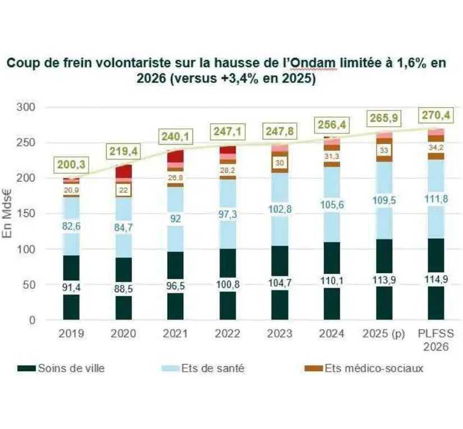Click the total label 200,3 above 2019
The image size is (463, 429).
[x=71, y=164]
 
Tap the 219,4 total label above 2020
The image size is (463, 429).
[x=123, y=151]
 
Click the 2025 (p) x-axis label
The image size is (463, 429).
[x=383, y=334]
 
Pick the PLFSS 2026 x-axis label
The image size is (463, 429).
[x=436, y=340]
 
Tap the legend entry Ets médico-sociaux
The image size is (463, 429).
[x=374, y=368]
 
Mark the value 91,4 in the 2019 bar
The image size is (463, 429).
[x=71, y=288]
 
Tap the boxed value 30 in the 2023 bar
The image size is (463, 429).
[x=279, y=162]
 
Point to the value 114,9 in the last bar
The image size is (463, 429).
[x=436, y=280]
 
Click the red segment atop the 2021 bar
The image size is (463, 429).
[x=175, y=156]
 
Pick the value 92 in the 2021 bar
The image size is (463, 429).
[x=175, y=219]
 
